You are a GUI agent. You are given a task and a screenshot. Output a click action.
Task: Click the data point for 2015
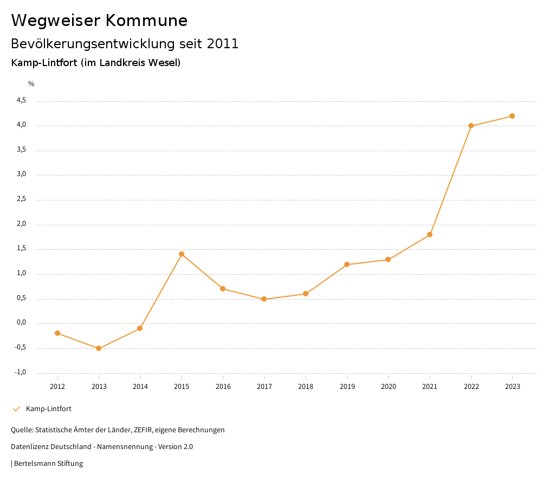point(182,254)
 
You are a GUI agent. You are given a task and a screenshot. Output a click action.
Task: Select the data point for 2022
point(471,126)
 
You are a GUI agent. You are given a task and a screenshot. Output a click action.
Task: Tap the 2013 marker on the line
point(99,348)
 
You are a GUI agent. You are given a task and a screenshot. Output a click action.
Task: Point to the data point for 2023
point(512,116)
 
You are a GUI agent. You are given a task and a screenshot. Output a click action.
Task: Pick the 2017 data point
point(264,299)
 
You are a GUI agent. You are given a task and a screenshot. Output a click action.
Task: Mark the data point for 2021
point(430,235)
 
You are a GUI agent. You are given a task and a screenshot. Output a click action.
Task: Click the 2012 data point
point(57,333)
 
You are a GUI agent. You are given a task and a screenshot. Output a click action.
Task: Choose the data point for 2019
point(347,264)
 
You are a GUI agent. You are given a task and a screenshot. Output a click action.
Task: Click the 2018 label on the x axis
point(306,387)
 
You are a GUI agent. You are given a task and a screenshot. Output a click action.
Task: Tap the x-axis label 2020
point(389,387)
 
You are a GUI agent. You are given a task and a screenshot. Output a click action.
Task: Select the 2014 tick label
point(140,387)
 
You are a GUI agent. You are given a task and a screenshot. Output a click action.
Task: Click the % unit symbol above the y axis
point(31,84)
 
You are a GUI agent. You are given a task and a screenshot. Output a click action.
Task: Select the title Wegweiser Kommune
point(99,21)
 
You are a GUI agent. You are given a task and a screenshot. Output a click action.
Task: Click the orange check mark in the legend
point(16,409)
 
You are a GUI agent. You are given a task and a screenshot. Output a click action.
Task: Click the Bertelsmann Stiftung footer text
point(48,464)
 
